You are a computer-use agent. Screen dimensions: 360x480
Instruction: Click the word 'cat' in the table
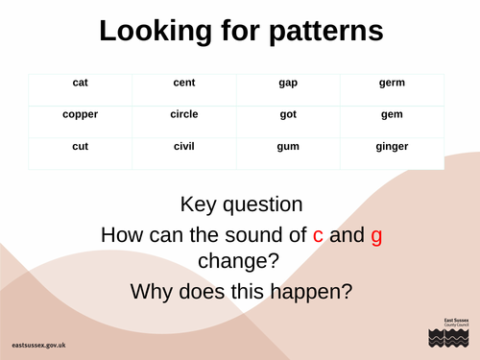[x=81, y=83]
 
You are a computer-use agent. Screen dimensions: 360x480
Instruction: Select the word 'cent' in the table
[x=184, y=83]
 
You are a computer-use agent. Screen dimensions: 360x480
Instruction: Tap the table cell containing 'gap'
[x=288, y=83]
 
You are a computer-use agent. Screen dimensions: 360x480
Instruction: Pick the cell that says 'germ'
[x=392, y=83]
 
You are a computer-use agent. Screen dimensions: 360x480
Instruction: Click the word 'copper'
[x=81, y=114]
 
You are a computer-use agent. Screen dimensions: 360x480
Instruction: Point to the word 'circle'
[x=184, y=114]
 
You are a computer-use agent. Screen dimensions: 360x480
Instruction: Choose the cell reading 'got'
[x=288, y=114]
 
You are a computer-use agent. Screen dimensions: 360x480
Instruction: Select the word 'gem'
[x=392, y=114]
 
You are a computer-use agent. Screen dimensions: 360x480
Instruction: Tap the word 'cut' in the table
[x=81, y=146]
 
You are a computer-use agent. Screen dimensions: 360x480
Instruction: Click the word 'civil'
[x=184, y=146]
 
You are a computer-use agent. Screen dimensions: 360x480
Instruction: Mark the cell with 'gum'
[x=288, y=146]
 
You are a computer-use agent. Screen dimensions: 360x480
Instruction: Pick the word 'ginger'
[x=392, y=147]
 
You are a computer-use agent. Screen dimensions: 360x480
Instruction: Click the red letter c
[x=319, y=235]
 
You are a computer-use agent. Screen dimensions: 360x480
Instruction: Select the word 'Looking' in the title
[x=155, y=32]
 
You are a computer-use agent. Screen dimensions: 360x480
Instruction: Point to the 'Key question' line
[x=241, y=204]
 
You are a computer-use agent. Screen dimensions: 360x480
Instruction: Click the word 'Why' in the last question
[x=155, y=291]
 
